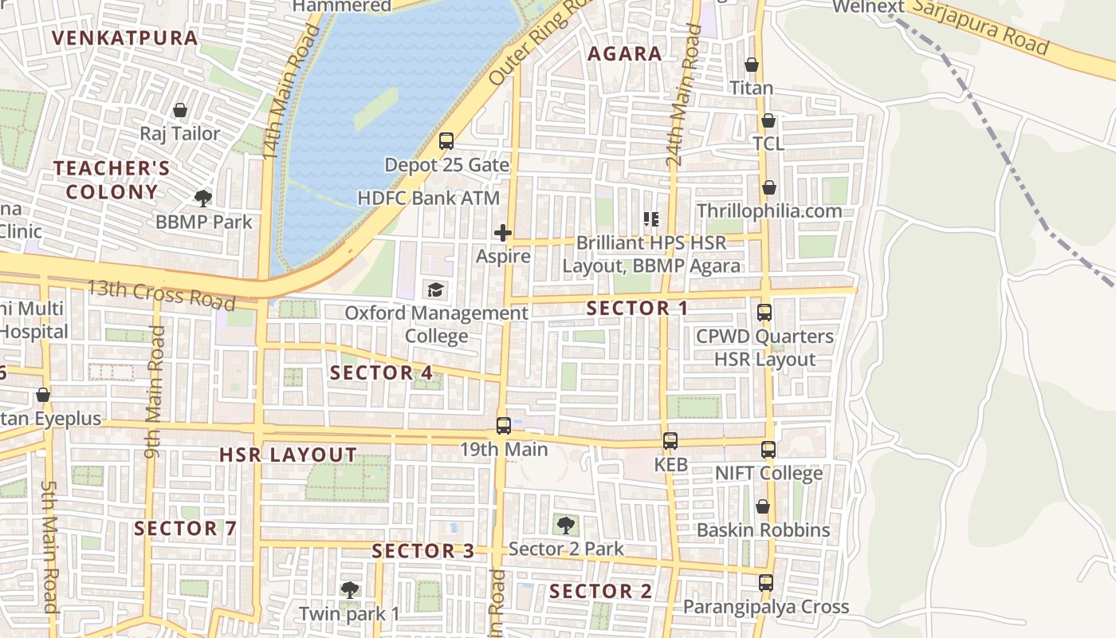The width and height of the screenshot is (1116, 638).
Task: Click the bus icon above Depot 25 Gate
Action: click(x=446, y=141)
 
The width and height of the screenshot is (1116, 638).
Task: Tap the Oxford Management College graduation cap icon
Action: click(x=435, y=289)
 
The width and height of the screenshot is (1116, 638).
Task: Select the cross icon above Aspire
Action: click(x=503, y=233)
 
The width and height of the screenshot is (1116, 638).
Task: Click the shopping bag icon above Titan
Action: click(x=752, y=65)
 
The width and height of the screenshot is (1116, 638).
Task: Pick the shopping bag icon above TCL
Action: click(x=768, y=120)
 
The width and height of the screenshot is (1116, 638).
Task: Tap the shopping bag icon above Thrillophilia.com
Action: click(x=769, y=187)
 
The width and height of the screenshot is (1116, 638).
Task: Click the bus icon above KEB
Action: click(x=670, y=441)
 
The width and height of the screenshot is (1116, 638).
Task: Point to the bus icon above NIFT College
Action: click(x=768, y=450)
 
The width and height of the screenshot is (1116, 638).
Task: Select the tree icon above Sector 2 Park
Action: click(x=566, y=525)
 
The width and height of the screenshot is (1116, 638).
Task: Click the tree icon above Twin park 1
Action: click(x=349, y=590)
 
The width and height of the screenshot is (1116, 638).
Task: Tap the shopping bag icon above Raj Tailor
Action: click(x=180, y=110)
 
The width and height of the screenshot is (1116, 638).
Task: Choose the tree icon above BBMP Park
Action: click(x=203, y=198)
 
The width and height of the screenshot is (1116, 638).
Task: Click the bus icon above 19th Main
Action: click(x=504, y=426)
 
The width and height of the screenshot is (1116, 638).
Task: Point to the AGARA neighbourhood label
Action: click(x=625, y=53)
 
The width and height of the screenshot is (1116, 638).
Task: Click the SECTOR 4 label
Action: click(x=382, y=372)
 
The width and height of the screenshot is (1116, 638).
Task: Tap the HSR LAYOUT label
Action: click(x=288, y=455)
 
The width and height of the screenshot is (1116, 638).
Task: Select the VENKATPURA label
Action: click(x=125, y=37)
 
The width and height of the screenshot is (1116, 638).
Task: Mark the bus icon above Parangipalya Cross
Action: click(x=766, y=583)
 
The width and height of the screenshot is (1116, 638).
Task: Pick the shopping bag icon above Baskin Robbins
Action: click(x=763, y=506)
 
